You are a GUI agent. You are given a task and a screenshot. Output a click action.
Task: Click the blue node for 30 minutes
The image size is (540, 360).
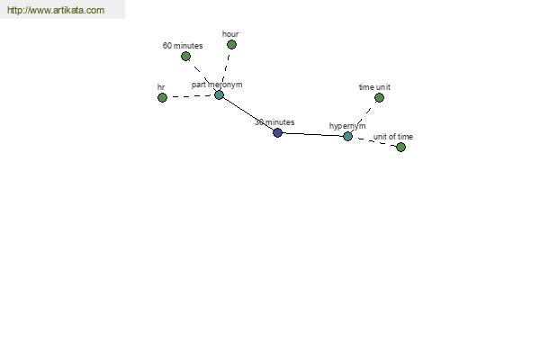coord(277,132)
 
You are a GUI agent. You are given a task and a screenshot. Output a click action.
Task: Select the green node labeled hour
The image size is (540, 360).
coord(232,44)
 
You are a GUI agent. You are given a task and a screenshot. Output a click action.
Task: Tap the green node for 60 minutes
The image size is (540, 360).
coord(185,56)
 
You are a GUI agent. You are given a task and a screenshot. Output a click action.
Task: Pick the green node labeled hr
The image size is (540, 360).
coord(162,97)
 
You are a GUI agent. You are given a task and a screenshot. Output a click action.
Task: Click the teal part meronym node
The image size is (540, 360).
coord(219,94)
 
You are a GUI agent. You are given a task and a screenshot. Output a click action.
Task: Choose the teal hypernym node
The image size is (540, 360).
coord(347,137)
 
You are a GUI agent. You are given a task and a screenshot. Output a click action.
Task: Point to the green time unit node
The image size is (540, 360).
coord(379,98)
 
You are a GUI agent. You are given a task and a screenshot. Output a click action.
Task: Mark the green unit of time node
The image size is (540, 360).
coord(400,148)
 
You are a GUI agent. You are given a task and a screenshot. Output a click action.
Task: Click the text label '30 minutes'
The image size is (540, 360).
coord(274,122)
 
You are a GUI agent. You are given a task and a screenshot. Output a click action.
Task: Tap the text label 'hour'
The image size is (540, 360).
coord(230,34)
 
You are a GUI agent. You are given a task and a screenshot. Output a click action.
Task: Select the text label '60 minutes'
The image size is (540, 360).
coord(183,46)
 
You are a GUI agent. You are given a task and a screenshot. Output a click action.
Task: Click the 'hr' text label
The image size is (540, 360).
coord(161,87)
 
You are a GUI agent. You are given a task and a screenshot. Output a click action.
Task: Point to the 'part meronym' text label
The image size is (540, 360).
coord(217,85)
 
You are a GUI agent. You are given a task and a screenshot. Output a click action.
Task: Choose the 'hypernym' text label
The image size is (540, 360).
coord(347,126)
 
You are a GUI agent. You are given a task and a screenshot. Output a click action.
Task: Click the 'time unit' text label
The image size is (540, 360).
coord(374,87)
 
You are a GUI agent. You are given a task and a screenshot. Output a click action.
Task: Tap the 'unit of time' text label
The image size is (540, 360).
coord(393,137)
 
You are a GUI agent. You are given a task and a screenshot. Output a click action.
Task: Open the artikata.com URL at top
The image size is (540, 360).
coord(56,10)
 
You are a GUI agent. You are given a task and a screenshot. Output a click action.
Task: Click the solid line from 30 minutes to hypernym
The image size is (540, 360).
coord(312,134)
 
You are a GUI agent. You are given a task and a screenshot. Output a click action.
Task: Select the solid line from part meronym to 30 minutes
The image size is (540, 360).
coord(248,113)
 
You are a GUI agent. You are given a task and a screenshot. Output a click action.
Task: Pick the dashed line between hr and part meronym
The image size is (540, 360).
coord(191,96)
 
